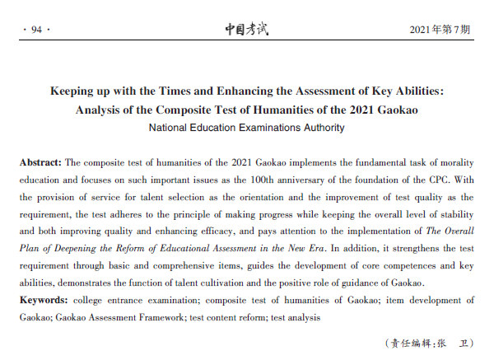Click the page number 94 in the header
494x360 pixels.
[35, 30]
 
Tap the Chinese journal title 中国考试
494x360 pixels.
[247, 30]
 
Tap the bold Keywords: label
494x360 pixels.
[44, 301]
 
